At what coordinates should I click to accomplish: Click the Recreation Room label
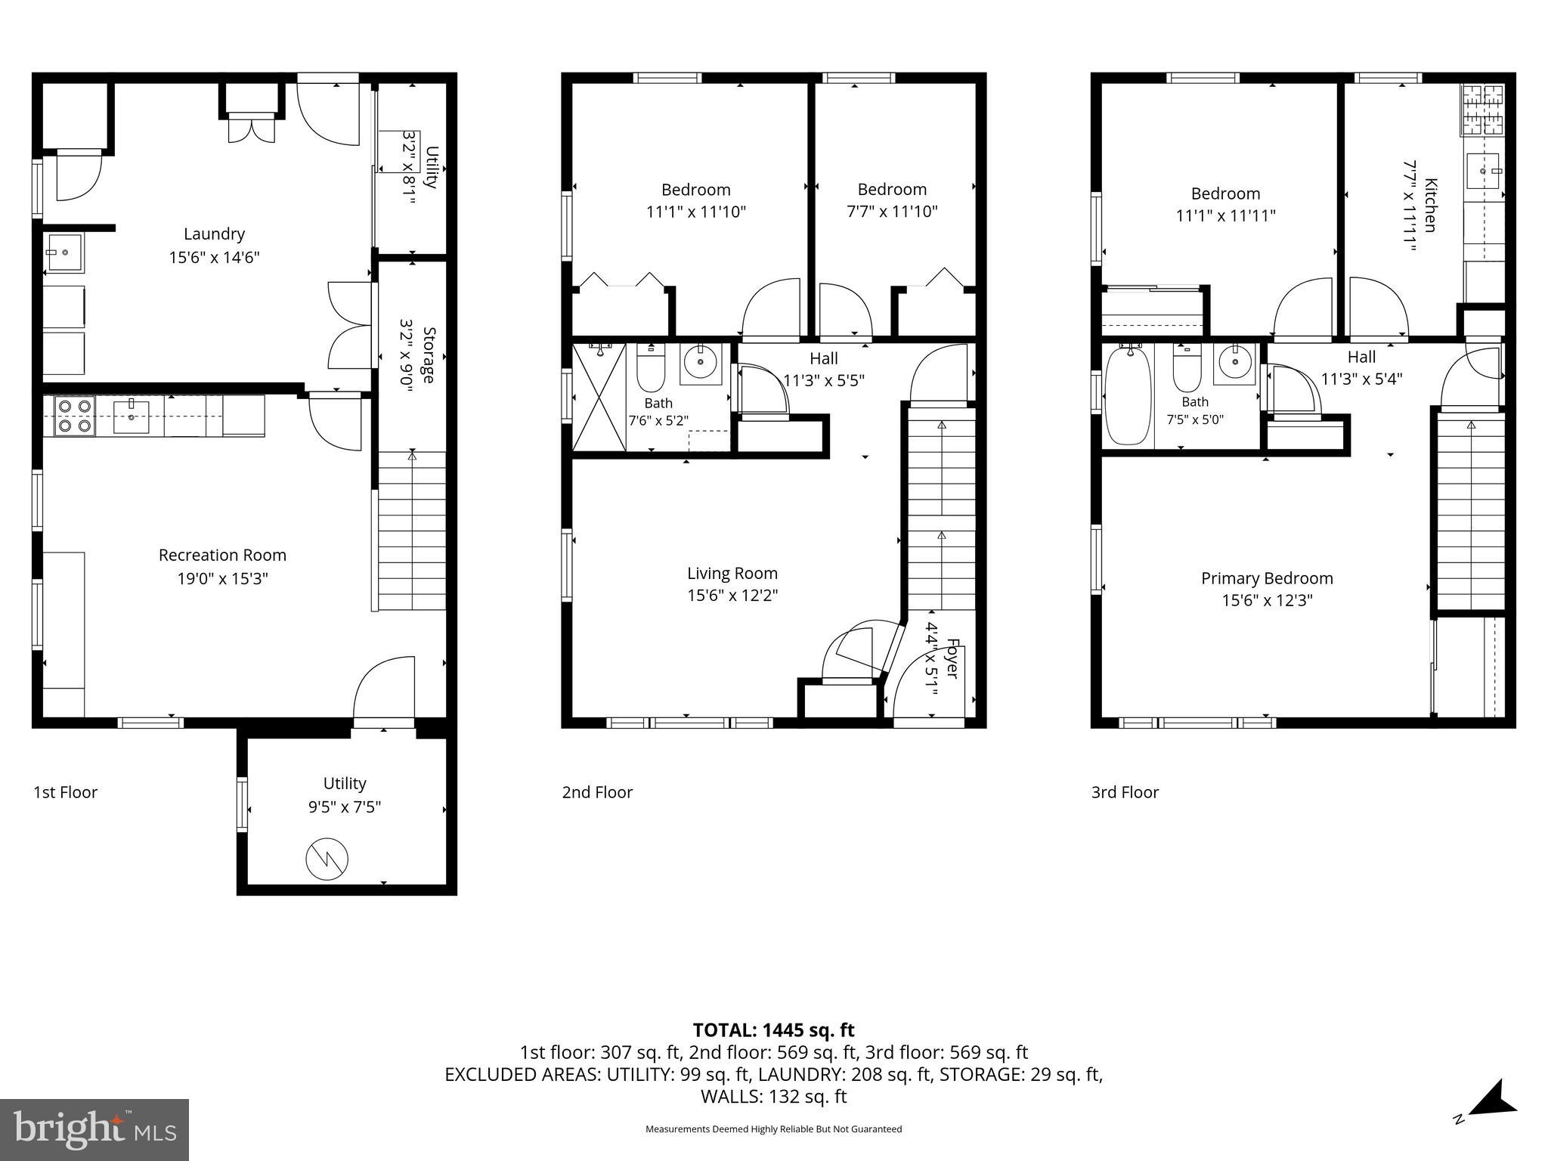point(222,556)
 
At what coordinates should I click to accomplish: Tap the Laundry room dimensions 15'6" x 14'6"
point(214,258)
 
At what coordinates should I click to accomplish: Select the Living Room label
point(732,574)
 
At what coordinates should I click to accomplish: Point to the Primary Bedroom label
point(1267,579)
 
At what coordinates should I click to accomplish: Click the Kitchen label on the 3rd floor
point(1429,205)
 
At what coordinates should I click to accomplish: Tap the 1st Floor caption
point(66,792)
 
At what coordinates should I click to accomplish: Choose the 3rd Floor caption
point(1125,792)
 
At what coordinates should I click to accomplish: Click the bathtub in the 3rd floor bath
point(1128,396)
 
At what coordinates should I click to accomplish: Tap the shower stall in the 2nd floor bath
point(599,397)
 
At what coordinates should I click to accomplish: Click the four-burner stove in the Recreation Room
point(74,416)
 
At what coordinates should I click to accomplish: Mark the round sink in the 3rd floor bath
point(1234,364)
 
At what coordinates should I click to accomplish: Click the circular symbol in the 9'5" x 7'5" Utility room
point(327,859)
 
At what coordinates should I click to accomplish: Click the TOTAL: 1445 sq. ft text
point(773,1030)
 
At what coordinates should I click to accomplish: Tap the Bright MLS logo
point(94,1129)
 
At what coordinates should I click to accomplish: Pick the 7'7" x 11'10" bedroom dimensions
point(892,212)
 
